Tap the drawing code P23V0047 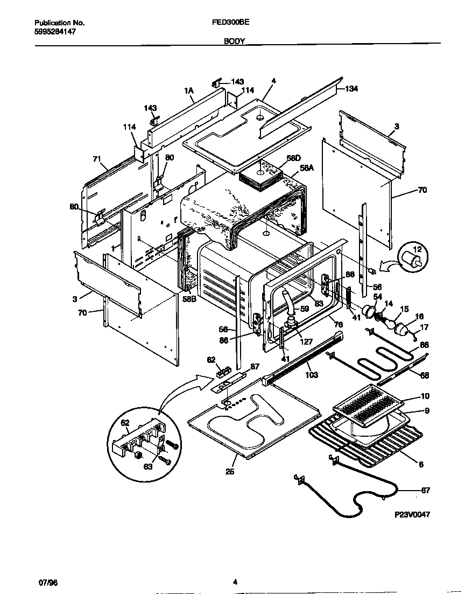(x=412, y=515)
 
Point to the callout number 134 (x=351, y=88)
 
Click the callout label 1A (x=189, y=92)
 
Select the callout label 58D (x=293, y=158)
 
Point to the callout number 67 (x=425, y=490)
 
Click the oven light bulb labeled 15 (x=389, y=323)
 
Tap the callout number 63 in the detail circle (x=147, y=466)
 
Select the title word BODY (x=235, y=41)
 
